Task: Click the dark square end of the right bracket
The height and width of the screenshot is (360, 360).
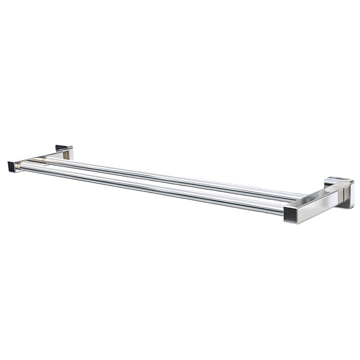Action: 291,215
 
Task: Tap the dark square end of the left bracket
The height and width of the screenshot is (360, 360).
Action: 13,167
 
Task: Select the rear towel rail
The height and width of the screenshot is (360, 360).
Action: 173,176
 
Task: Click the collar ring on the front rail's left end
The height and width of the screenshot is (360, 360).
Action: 22,166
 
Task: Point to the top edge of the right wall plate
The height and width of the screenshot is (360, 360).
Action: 338,178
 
